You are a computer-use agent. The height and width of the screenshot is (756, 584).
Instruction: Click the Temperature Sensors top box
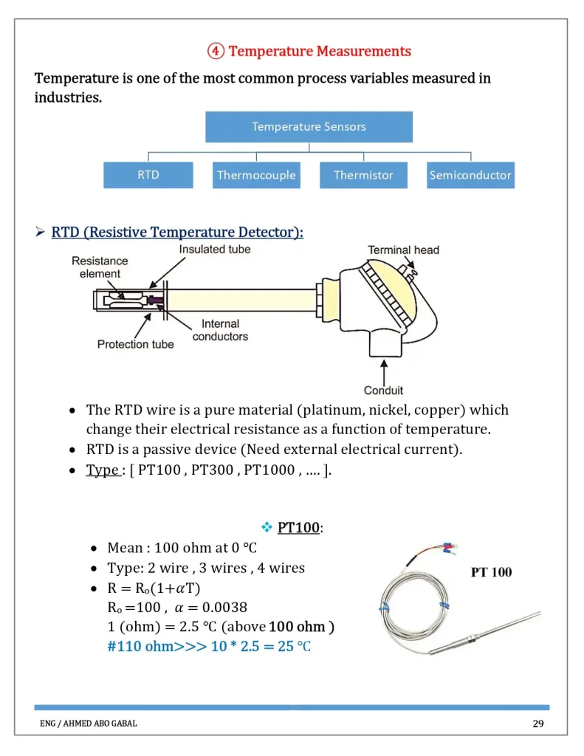click(x=309, y=126)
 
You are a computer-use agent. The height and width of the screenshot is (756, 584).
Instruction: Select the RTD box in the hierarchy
click(x=148, y=175)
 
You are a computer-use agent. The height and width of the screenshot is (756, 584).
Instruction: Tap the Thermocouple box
click(x=256, y=175)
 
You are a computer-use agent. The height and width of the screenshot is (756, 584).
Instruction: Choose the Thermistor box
click(x=363, y=175)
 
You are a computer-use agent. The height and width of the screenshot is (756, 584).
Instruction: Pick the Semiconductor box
click(x=470, y=175)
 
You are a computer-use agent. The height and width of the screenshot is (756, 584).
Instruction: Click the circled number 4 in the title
click(x=216, y=51)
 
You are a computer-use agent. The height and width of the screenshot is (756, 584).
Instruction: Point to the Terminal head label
click(x=403, y=250)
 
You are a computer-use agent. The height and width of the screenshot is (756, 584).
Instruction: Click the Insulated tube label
click(x=214, y=250)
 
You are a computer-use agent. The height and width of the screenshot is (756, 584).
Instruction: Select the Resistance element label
click(x=100, y=267)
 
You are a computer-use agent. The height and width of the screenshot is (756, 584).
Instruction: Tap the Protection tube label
click(x=136, y=344)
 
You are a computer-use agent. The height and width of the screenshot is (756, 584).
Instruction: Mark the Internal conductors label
click(x=220, y=330)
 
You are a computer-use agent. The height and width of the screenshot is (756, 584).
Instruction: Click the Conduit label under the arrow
click(x=383, y=390)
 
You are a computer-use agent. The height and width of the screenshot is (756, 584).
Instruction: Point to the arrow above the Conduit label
click(x=383, y=369)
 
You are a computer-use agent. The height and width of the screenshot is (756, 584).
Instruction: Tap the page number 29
click(x=538, y=724)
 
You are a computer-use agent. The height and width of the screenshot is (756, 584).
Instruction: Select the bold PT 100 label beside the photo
click(x=491, y=572)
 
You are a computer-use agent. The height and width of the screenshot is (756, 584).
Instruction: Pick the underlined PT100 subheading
click(x=298, y=528)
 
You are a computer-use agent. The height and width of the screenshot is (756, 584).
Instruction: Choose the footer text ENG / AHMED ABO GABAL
click(x=89, y=724)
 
